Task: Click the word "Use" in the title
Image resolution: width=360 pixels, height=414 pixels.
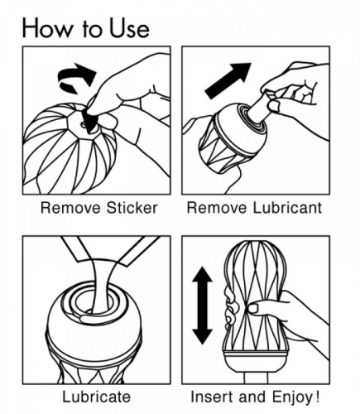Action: (x=129, y=28)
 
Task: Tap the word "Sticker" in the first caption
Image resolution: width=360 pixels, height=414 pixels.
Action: (x=132, y=208)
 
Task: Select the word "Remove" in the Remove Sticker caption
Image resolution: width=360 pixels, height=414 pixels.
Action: (x=70, y=208)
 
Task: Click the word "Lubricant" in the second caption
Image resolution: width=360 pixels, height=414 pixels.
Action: (x=287, y=208)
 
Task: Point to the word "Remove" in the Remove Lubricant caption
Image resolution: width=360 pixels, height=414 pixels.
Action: (x=217, y=208)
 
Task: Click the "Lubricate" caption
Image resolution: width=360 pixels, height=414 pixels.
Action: (x=96, y=397)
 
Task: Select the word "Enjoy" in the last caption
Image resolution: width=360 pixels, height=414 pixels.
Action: (x=293, y=397)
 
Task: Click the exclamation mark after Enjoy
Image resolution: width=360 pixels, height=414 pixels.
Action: (x=317, y=397)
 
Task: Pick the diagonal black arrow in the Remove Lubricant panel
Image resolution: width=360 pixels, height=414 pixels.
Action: (x=228, y=80)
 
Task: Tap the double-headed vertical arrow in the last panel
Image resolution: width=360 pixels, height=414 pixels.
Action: (x=203, y=306)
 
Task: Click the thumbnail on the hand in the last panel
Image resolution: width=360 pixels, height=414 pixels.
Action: (x=253, y=308)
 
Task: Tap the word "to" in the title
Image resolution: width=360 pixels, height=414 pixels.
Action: (x=91, y=30)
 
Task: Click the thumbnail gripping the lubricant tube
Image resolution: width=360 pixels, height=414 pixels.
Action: (x=274, y=105)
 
